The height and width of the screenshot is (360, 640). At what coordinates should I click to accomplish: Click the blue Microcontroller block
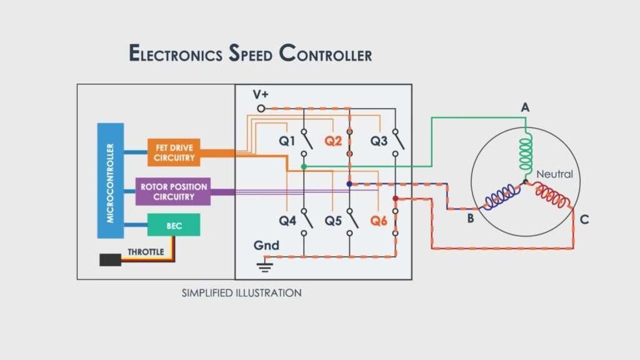110,181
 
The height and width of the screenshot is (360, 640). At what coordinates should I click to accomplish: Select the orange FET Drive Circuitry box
174,152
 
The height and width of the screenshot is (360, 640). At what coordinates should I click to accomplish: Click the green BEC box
174,225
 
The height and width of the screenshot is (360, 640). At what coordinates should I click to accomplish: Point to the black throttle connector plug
110,259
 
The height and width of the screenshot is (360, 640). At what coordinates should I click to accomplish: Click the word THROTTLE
146,252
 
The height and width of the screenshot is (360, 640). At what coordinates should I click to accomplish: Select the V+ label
261,94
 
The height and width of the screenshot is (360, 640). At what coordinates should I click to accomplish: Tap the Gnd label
266,246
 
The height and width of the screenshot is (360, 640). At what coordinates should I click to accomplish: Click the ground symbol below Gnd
265,267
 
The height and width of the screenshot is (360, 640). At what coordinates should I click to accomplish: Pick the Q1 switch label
287,141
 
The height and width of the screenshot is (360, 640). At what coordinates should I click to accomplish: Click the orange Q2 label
333,141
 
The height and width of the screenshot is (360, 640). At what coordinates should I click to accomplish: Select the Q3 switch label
379,141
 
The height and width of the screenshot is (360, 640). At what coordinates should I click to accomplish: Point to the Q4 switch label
287,221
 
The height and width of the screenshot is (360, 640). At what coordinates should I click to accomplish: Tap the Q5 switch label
333,221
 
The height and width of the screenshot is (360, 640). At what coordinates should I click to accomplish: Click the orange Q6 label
379,221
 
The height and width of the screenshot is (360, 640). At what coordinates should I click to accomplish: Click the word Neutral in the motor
554,174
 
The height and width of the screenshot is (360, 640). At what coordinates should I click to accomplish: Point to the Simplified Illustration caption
241,292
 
